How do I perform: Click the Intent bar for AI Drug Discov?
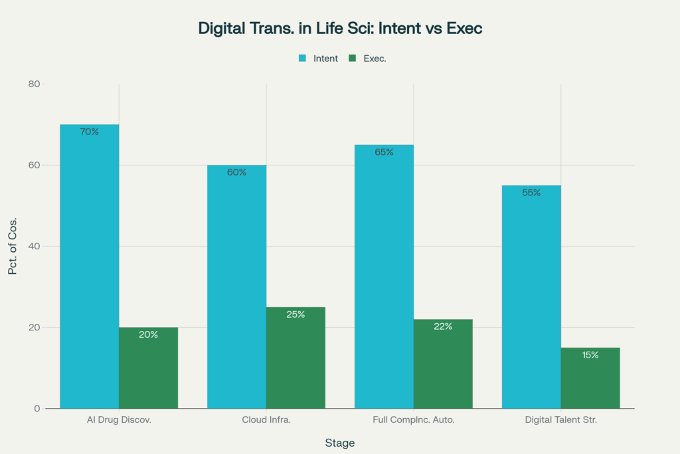click(90, 266)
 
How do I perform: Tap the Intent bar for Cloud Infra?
click(237, 286)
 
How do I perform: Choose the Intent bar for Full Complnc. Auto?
click(384, 277)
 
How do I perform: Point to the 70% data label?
click(90, 132)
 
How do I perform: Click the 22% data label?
click(444, 326)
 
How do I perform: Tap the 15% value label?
click(590, 355)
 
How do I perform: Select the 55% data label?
click(531, 193)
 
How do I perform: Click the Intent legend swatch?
click(303, 58)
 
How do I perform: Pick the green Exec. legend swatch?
click(353, 58)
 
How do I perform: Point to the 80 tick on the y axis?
click(34, 84)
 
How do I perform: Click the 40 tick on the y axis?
click(34, 247)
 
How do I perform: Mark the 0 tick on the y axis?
click(37, 408)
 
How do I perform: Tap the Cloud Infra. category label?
click(266, 420)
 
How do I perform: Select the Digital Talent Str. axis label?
click(561, 420)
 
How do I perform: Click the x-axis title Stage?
click(339, 443)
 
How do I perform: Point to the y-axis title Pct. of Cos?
click(13, 246)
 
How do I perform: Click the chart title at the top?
click(339, 29)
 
